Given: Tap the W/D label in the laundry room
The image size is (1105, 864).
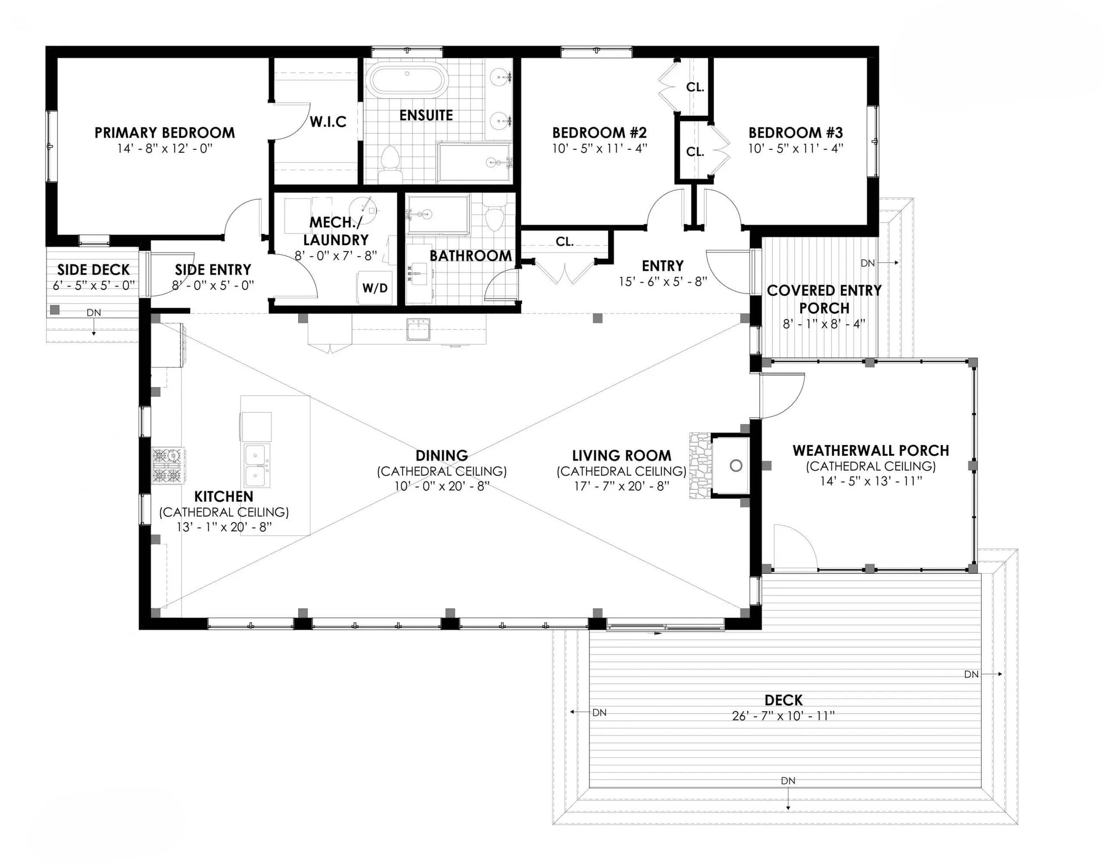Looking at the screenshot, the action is pos(375,288).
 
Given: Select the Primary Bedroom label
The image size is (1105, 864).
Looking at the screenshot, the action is pos(165,133).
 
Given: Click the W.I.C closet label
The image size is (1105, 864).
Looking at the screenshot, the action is pos(328,121).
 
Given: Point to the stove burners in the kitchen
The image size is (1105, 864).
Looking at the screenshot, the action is pos(168,465).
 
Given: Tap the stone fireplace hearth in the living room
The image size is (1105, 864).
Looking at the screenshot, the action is pos(700,466).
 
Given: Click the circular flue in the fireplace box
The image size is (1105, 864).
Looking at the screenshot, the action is pos(736,466).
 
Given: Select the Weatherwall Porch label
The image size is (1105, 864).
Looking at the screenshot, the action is pos(870,451).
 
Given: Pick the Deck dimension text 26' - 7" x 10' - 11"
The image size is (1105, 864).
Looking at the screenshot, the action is pos(784,716).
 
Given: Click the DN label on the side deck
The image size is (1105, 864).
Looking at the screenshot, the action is pos(94,313).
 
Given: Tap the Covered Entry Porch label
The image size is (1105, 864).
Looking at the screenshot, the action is pos(824,299).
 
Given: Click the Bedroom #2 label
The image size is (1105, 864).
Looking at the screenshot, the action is pos(600,133).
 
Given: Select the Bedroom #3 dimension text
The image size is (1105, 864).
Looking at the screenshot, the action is pos(796,149).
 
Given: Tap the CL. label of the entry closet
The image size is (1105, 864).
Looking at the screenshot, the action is pos(564,242).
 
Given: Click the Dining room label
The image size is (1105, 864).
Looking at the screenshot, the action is pos(442,456).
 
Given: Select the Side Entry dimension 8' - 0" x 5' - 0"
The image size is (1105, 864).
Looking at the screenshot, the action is pos(213,286).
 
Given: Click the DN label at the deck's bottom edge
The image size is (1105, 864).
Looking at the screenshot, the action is pos(788,781).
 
